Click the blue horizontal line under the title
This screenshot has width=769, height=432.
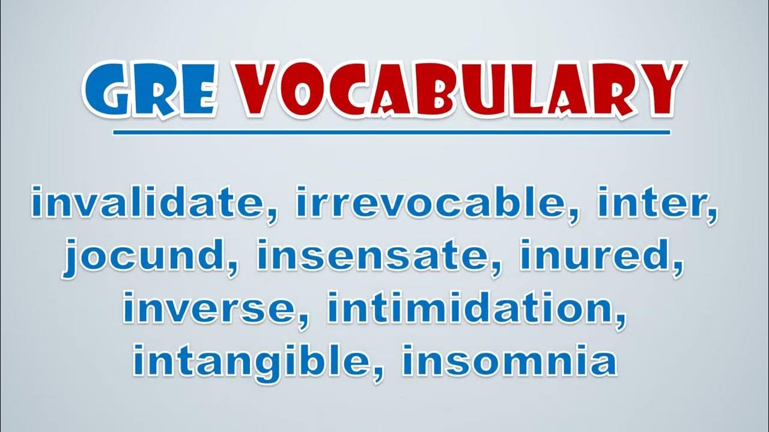[x=391, y=133]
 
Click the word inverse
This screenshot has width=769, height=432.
[x=210, y=308]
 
